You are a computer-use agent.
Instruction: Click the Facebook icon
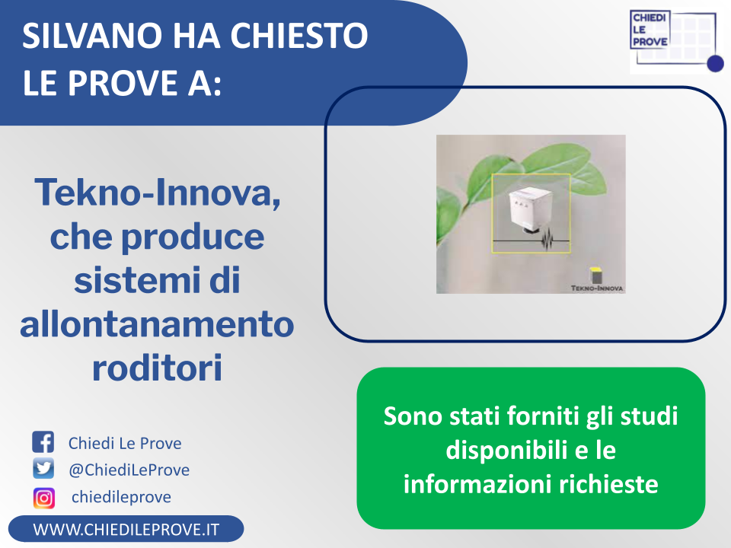(x=43, y=442)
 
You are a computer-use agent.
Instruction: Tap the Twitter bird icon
(x=43, y=468)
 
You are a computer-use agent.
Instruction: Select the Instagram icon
(x=44, y=498)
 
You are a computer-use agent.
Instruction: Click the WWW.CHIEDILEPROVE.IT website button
(x=126, y=530)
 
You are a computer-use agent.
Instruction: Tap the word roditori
(x=157, y=368)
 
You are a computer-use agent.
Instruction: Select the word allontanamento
(x=157, y=324)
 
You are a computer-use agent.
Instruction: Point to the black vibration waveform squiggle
(x=547, y=241)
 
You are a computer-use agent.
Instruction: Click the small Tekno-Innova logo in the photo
(x=597, y=280)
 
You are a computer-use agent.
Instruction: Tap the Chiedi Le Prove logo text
(x=650, y=30)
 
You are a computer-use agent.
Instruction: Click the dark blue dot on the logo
(x=715, y=63)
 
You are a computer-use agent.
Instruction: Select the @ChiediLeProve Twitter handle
(x=129, y=470)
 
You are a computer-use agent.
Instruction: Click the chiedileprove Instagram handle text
(x=121, y=497)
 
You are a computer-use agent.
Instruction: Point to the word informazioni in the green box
(x=478, y=484)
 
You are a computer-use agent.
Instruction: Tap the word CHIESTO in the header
(x=298, y=36)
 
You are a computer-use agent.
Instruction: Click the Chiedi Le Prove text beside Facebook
(x=125, y=443)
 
